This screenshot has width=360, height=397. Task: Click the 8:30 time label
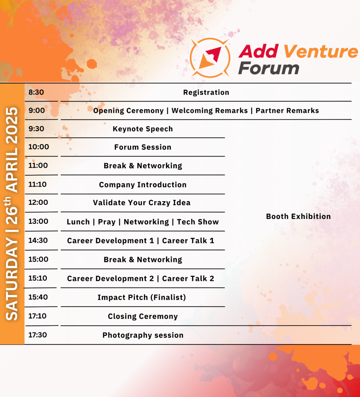[36, 92]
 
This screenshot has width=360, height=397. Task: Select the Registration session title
[206, 92]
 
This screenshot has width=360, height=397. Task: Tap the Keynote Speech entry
[143, 129]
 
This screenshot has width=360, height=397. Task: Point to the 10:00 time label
[39, 147]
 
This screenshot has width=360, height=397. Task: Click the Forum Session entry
[143, 147]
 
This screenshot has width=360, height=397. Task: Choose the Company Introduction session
[143, 185]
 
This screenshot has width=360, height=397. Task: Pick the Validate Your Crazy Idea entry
[142, 203]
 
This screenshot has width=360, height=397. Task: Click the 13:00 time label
[38, 221]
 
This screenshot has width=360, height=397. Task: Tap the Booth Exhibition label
[298, 216]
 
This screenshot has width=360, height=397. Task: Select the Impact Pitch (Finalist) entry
[142, 297]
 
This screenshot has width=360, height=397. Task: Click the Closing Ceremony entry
[143, 316]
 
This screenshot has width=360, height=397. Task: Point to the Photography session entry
[143, 335]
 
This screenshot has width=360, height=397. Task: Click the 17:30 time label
[38, 335]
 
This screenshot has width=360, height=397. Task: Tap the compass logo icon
[210, 58]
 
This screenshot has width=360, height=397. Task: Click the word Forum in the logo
[269, 68]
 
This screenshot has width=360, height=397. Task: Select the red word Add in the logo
[259, 51]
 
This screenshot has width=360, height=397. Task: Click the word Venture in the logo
[321, 51]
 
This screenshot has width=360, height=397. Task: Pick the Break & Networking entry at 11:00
[143, 166]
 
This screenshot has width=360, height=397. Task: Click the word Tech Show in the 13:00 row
[198, 222]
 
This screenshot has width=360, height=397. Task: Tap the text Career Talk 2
[188, 279]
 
